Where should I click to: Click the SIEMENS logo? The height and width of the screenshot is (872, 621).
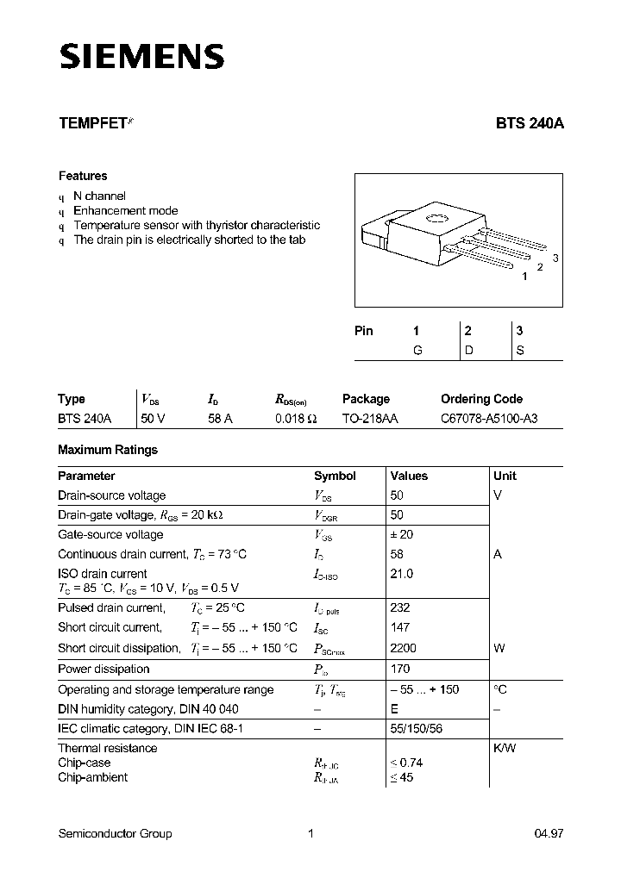[141, 57]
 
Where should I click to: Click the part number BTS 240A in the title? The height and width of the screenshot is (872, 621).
[530, 123]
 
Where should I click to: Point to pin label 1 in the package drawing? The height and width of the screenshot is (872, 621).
[524, 277]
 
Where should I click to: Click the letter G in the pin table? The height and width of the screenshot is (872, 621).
[417, 351]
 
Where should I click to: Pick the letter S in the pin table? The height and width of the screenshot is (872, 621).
[520, 351]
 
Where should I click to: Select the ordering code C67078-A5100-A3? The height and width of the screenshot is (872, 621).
[489, 419]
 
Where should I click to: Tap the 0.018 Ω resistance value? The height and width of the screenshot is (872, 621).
[297, 419]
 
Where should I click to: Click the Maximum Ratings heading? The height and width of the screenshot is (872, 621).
[108, 450]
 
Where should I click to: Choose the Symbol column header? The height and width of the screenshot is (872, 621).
[335, 476]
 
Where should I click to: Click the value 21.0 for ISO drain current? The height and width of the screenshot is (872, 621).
[401, 574]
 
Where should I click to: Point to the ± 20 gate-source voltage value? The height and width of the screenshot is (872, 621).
[402, 535]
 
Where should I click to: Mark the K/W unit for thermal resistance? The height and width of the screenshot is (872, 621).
[505, 748]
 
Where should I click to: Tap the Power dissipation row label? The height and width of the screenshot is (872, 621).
[103, 670]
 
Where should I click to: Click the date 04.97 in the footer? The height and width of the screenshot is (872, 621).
[549, 833]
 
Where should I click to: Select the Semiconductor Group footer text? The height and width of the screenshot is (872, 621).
[115, 833]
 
